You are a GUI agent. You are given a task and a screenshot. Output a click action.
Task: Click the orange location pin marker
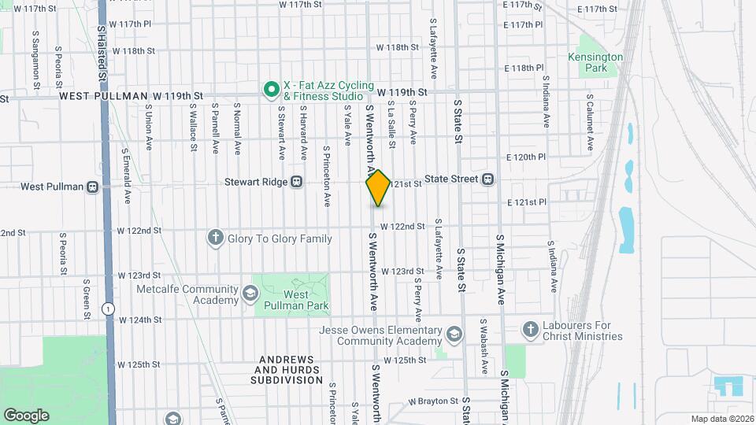[x=378, y=187]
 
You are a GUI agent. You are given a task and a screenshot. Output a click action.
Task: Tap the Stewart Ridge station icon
[x=297, y=180]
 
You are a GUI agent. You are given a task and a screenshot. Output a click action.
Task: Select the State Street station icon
[x=488, y=179]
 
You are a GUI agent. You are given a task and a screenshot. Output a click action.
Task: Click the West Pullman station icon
[x=92, y=187]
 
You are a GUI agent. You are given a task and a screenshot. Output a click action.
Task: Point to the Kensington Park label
[x=595, y=63]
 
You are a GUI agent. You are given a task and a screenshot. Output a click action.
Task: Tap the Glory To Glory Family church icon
[x=215, y=237]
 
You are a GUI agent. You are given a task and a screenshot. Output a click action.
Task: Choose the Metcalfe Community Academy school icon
[x=250, y=294]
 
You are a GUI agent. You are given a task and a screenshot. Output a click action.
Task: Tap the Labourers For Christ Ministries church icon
[x=531, y=328]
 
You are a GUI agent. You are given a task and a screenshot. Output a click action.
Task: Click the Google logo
[x=26, y=415]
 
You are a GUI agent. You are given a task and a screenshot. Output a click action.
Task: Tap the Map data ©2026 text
[x=722, y=419]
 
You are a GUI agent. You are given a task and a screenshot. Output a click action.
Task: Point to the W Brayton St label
[x=434, y=401]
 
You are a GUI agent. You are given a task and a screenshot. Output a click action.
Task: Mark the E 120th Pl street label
[x=524, y=157]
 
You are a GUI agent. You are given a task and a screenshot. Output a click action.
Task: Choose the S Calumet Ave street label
[x=589, y=124]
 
